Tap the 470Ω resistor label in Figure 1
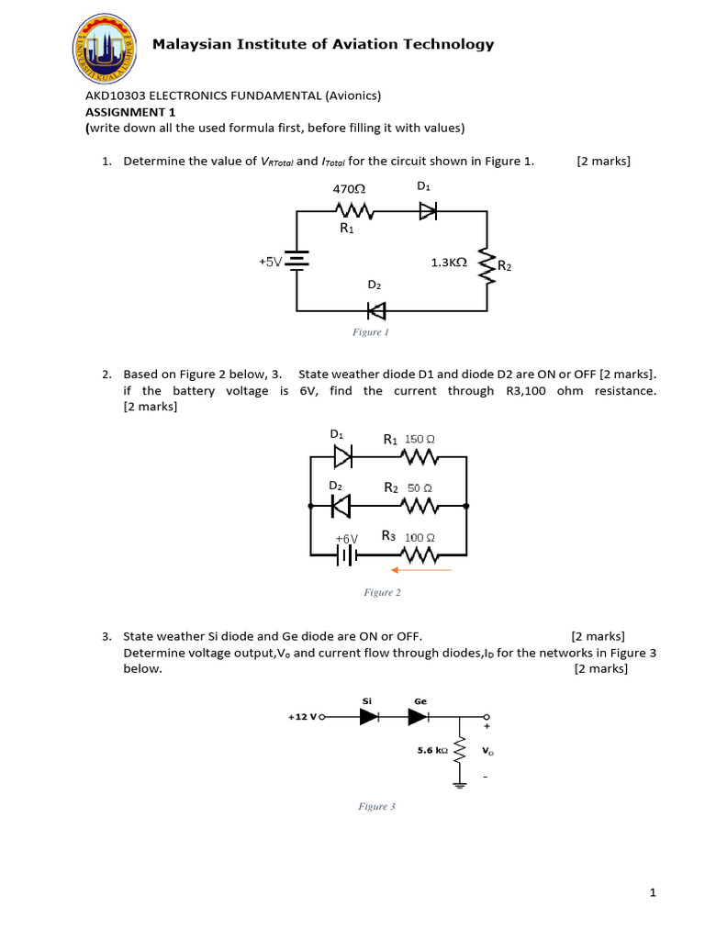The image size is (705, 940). pos(348,188)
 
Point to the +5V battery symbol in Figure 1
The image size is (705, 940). pos(297,262)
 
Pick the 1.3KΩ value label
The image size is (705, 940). pos(449,262)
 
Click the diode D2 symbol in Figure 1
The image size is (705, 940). pos(376,308)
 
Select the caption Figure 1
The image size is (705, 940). pos(371,332)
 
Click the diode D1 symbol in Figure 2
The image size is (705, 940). pos(341,455)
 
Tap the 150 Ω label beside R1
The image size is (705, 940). pos(420,439)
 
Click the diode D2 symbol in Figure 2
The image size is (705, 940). pos(341,505)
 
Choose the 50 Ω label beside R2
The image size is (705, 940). pos(420,488)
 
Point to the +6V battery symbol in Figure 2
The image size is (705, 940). pos(345,554)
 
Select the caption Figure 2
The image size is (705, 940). pos(383,593)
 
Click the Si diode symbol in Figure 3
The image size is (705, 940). pos(369,718)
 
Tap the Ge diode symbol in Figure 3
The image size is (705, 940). pos(419,718)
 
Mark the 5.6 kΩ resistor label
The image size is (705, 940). pos(432,750)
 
